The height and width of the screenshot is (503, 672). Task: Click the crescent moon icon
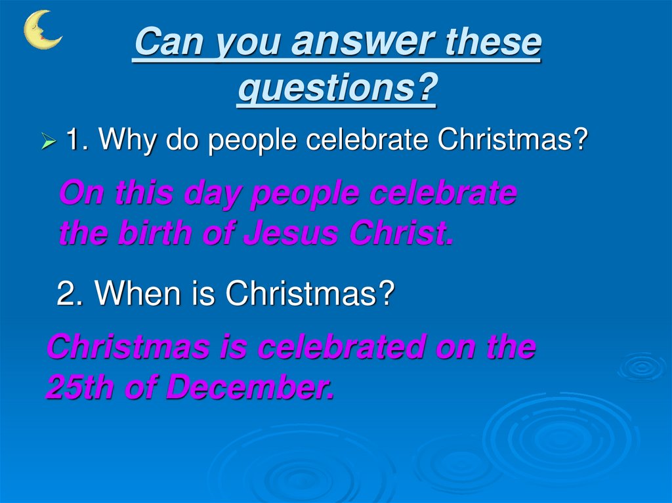tap(41, 30)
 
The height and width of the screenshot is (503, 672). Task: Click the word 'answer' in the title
tap(364, 43)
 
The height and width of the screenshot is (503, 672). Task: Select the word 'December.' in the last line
tap(250, 388)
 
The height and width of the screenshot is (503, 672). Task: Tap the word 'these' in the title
tap(493, 43)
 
